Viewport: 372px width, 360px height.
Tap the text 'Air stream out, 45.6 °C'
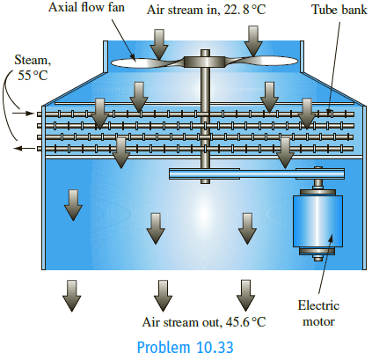[x=203, y=322]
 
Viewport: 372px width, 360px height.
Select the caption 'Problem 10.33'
[x=185, y=347]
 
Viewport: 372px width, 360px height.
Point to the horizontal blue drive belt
[x=237, y=175]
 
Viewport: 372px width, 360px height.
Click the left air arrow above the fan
[x=158, y=40]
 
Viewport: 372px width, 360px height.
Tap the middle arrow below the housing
[x=162, y=295]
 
